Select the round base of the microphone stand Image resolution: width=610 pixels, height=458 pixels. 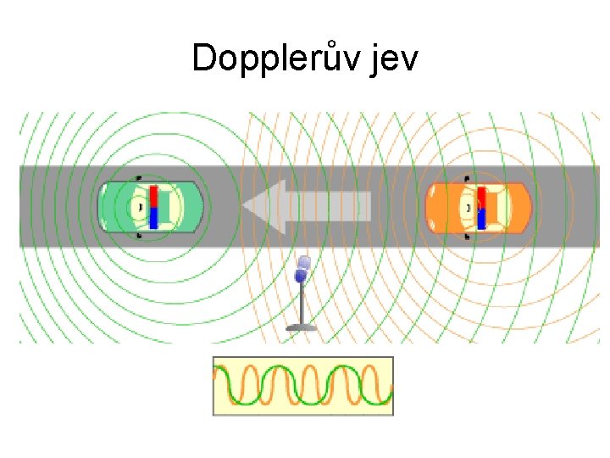(x=301, y=327)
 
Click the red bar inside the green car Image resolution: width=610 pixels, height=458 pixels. (x=154, y=196)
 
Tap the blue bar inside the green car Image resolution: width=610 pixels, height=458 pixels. (x=154, y=217)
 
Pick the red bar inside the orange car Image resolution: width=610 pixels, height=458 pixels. (x=481, y=198)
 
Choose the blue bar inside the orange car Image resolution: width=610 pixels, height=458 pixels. (x=481, y=219)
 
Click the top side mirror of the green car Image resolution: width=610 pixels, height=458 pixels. (x=138, y=177)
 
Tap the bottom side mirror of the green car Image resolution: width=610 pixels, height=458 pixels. (x=138, y=237)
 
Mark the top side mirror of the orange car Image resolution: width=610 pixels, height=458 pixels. (x=467, y=178)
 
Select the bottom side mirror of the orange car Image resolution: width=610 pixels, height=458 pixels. (x=467, y=237)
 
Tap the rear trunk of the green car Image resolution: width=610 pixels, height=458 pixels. (x=191, y=207)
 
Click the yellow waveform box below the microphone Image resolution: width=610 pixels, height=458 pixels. (x=302, y=386)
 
